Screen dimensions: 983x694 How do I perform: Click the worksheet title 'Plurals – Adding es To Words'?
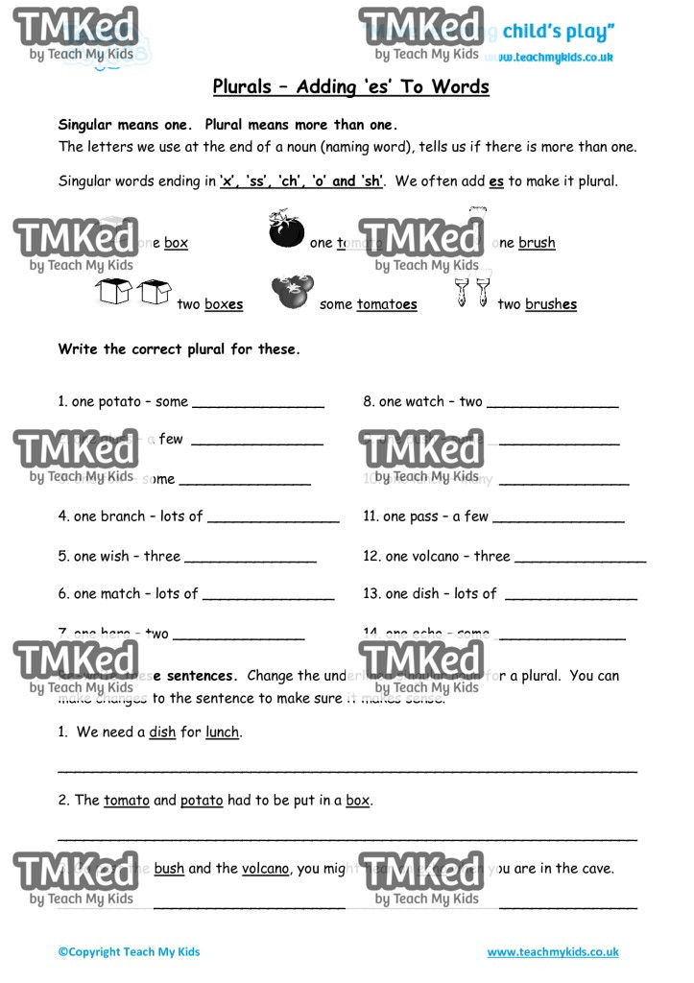click(x=350, y=87)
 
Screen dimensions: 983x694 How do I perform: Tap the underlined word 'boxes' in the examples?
click(x=223, y=304)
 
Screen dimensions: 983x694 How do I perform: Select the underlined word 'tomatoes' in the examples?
click(x=387, y=304)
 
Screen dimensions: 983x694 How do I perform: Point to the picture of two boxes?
click(x=133, y=291)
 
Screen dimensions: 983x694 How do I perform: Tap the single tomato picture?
click(x=285, y=230)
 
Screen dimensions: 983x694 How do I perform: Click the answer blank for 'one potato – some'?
click(x=258, y=403)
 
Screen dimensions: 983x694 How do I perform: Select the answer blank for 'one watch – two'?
click(x=552, y=403)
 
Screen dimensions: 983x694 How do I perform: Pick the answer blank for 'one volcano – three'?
click(x=580, y=558)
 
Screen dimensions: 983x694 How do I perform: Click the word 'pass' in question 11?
click(x=423, y=516)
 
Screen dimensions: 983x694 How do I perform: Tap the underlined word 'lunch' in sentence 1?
click(x=222, y=731)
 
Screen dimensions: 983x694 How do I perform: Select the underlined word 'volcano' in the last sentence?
click(x=265, y=869)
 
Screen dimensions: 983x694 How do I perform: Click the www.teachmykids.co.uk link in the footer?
click(x=552, y=952)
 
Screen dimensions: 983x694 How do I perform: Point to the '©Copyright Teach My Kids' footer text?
click(x=129, y=952)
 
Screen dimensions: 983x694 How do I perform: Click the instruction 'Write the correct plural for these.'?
click(x=179, y=349)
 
